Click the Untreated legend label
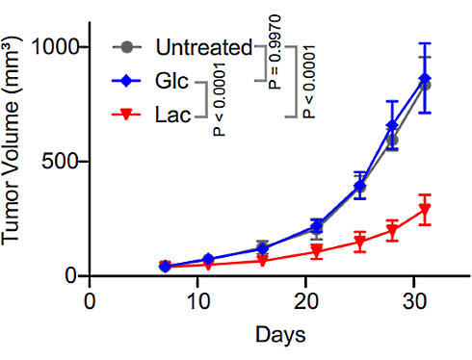[202, 46]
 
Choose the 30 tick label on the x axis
[410, 298]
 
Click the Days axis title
[281, 335]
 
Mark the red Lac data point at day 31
[425, 210]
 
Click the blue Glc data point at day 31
[425, 78]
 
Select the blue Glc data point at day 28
[392, 126]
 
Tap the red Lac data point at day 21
[316, 252]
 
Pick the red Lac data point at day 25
[359, 243]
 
